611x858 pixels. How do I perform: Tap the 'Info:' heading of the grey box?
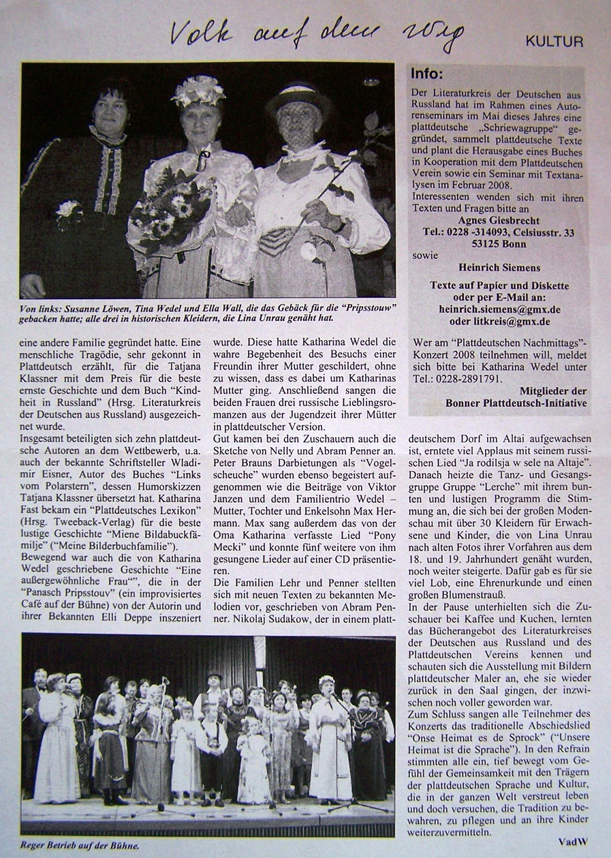pos(428,74)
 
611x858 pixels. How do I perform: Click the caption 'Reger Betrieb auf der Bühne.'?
pos(80,845)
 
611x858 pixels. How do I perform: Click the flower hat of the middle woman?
pos(198,91)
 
